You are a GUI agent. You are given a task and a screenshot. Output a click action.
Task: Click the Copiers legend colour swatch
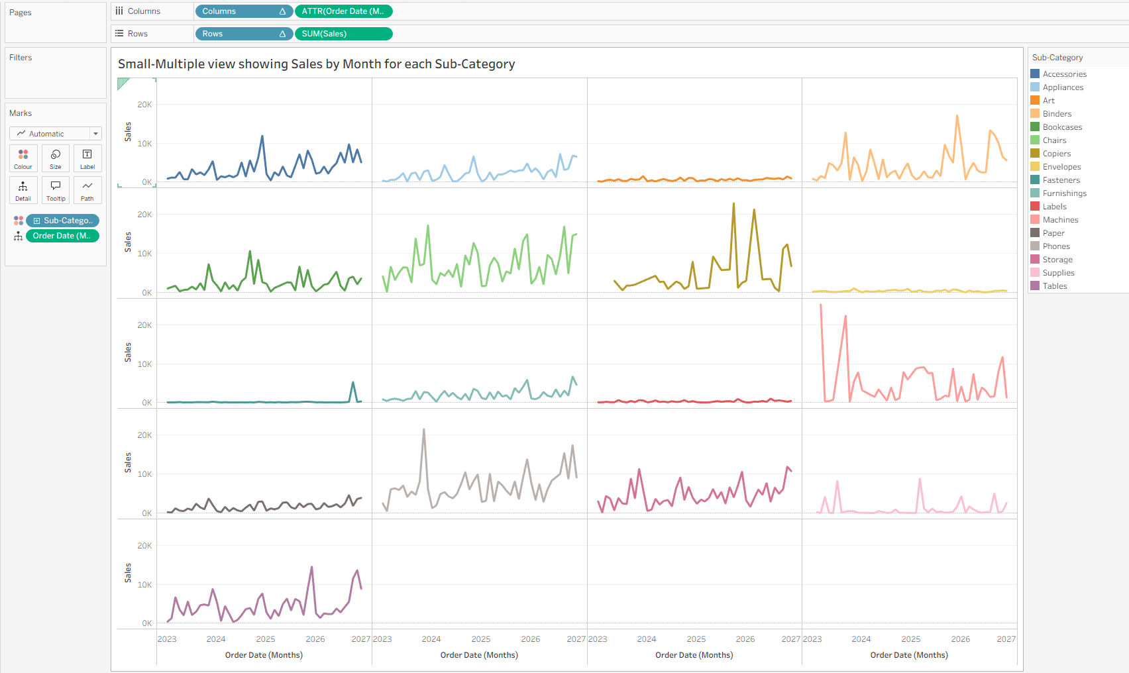click(1036, 154)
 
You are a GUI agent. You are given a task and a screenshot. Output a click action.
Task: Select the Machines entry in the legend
click(1061, 220)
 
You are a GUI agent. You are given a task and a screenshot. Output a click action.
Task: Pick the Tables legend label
click(1055, 286)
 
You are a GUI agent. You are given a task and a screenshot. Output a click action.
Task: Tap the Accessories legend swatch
click(1036, 74)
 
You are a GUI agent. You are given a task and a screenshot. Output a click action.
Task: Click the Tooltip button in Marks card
click(56, 190)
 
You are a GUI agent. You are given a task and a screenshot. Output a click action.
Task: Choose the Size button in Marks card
click(56, 158)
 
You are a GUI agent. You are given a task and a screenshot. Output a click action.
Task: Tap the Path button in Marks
click(87, 190)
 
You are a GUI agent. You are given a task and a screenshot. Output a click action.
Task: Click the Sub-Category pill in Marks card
click(62, 221)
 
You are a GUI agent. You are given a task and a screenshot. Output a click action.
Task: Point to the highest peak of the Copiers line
click(734, 204)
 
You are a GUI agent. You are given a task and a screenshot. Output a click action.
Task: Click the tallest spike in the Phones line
click(424, 430)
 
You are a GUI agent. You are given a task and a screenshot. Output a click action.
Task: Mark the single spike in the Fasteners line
click(352, 383)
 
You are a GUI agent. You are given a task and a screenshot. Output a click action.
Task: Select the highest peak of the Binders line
click(957, 116)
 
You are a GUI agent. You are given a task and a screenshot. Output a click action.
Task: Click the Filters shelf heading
click(21, 58)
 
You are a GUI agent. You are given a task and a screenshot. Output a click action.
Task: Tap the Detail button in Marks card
click(23, 190)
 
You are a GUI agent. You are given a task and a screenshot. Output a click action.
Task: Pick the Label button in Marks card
click(87, 158)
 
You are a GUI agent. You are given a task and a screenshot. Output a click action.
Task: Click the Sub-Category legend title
click(1057, 58)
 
